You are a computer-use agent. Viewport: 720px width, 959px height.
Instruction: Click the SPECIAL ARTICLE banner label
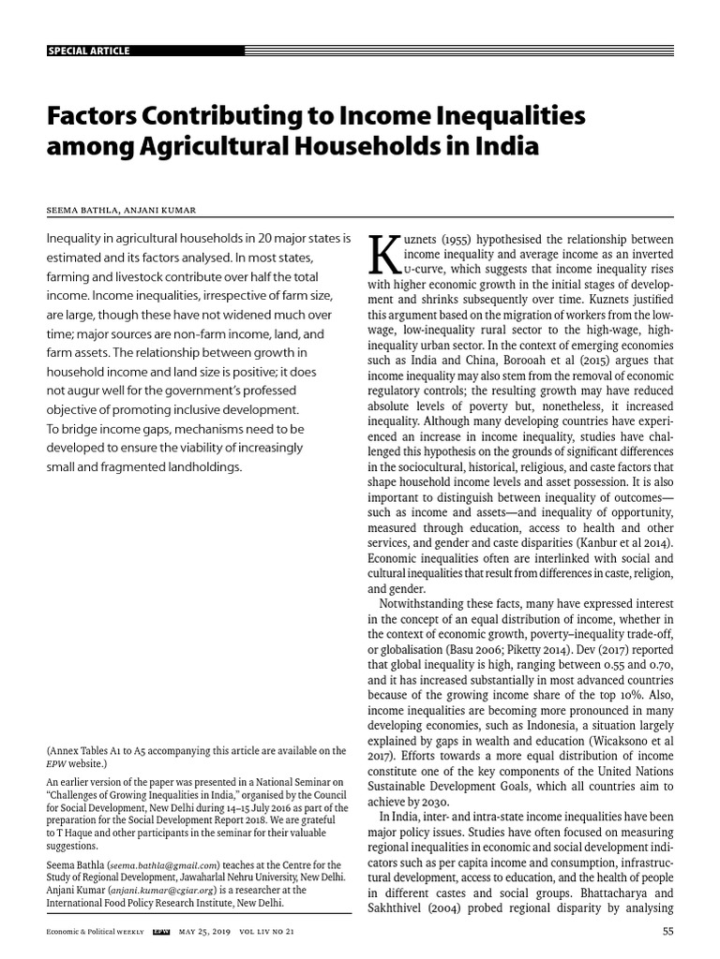89,51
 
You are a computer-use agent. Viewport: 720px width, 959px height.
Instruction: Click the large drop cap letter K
384,252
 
